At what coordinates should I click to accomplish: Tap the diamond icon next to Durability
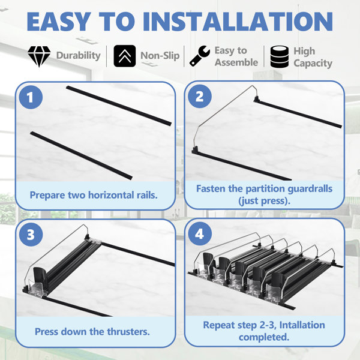tap(39, 56)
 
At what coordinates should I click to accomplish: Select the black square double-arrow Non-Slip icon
tap(125, 56)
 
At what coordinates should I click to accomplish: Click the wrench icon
tap(200, 56)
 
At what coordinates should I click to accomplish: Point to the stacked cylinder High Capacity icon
tap(280, 57)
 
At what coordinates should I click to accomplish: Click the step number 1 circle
tap(31, 97)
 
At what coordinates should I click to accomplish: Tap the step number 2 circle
tap(200, 97)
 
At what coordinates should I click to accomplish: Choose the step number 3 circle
tap(31, 235)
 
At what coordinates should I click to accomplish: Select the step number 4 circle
tap(200, 234)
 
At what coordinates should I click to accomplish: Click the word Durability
tap(78, 56)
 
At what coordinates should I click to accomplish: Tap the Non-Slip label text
tap(160, 56)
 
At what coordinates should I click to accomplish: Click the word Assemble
tap(236, 62)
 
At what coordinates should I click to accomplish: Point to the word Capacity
tap(313, 64)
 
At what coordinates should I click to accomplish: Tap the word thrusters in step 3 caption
tap(128, 332)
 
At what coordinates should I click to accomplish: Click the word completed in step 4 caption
tap(264, 337)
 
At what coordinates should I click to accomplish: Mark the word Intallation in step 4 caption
tap(302, 325)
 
